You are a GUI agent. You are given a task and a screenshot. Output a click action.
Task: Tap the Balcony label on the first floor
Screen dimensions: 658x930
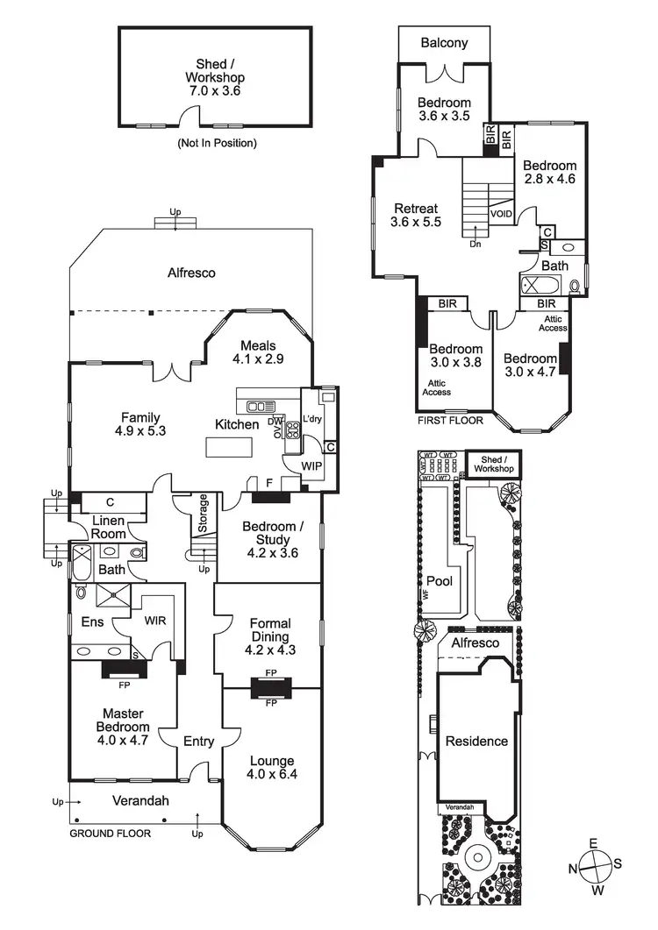tap(443, 42)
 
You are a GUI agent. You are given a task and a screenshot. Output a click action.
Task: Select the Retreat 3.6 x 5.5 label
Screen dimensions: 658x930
tap(415, 215)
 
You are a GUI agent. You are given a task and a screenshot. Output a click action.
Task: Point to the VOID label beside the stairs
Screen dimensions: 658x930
tap(501, 213)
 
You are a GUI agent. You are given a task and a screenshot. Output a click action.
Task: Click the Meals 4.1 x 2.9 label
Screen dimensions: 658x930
tap(258, 351)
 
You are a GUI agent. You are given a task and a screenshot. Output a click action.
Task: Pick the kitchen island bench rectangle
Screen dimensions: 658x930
tap(229, 447)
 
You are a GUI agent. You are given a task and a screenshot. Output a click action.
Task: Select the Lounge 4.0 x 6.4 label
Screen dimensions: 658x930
tap(270, 768)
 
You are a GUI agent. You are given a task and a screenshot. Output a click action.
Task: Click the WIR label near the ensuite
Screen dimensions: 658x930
tap(156, 620)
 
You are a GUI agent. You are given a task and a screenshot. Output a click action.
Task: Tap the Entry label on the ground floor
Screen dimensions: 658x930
tap(198, 742)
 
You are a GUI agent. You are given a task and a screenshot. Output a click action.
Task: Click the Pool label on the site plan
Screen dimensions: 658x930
tap(439, 581)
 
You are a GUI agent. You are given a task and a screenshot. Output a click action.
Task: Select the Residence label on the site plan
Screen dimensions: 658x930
tap(476, 742)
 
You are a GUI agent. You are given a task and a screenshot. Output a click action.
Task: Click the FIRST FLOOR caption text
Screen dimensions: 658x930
tap(450, 421)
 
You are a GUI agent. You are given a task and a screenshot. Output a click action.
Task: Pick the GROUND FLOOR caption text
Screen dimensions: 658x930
tap(111, 834)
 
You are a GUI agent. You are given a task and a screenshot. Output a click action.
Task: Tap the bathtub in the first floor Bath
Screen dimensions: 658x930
tap(535, 284)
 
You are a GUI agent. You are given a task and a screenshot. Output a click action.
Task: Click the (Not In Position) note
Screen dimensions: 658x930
tap(218, 142)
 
